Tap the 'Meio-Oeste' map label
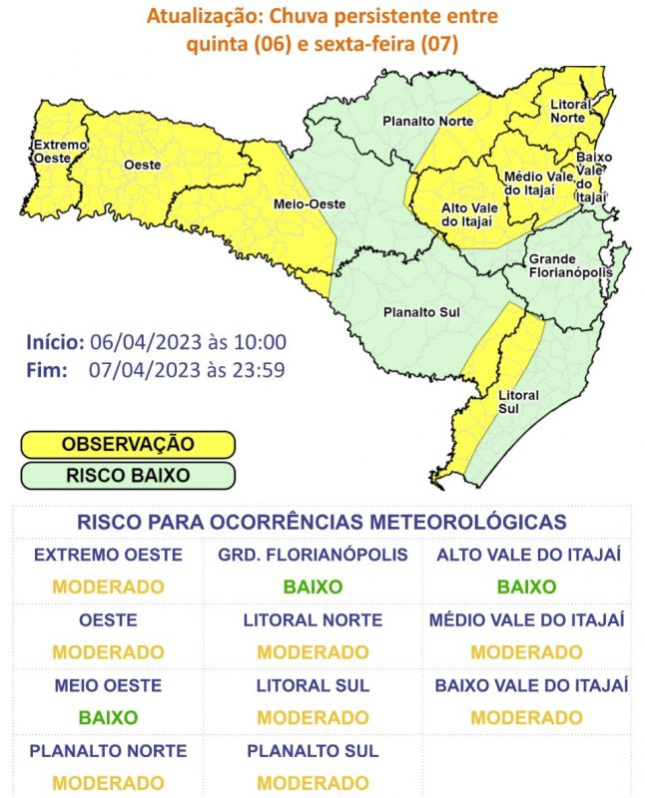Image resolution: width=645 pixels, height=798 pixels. click(x=310, y=204)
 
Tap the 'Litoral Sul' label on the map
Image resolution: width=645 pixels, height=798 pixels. click(x=517, y=402)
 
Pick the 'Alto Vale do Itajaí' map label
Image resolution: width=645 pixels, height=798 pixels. click(x=469, y=214)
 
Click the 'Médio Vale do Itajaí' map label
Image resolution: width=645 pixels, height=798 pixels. click(x=536, y=183)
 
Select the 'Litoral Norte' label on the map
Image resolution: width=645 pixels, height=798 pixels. click(x=569, y=111)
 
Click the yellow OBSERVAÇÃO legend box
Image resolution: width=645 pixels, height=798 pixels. click(x=128, y=444)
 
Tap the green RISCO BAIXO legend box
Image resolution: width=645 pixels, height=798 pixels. click(x=128, y=476)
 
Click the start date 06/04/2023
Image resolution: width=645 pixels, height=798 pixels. click(x=146, y=342)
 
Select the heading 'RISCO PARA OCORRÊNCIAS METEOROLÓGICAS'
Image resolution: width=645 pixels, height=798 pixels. click(x=322, y=522)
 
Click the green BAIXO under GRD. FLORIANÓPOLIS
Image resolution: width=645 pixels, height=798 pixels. click(x=313, y=588)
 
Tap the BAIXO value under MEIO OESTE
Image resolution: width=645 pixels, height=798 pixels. click(x=108, y=717)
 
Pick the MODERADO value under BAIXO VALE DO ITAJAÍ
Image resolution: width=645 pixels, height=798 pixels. click(x=526, y=717)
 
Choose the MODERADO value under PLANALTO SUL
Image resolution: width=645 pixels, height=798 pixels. click(x=313, y=783)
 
